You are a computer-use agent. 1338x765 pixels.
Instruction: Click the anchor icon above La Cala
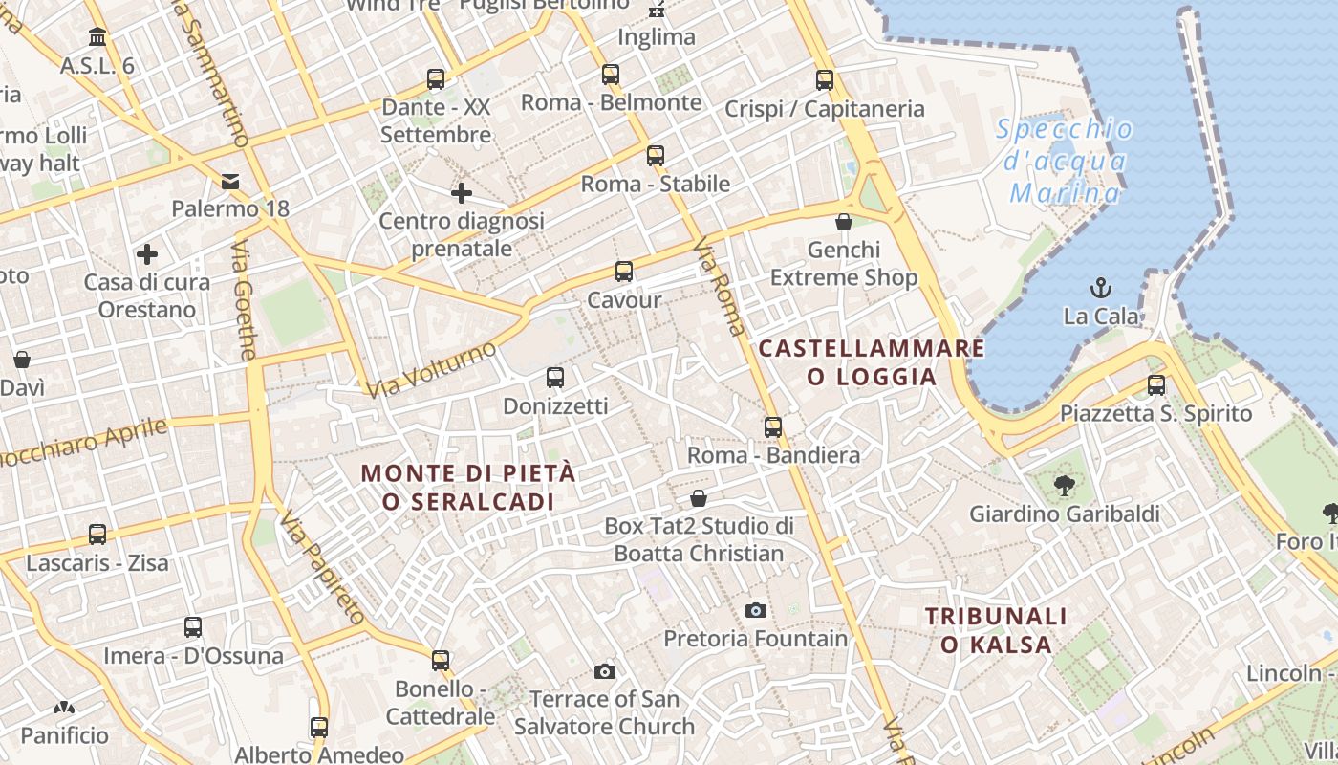pyautogui.click(x=1101, y=287)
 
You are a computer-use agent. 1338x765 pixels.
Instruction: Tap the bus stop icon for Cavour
pyautogui.click(x=624, y=271)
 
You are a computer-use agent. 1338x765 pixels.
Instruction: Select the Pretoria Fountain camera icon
pyautogui.click(x=756, y=610)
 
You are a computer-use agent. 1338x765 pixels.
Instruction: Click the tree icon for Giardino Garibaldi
pyautogui.click(x=1064, y=486)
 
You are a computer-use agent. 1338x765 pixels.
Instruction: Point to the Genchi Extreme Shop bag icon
pyautogui.click(x=844, y=222)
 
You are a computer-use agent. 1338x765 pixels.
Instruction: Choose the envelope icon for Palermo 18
pyautogui.click(x=230, y=181)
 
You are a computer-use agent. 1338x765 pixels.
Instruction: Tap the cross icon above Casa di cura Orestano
pyautogui.click(x=147, y=254)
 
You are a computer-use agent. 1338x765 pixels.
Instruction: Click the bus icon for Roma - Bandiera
pyautogui.click(x=773, y=426)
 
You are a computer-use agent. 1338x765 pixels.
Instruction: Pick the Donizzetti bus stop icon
pyautogui.click(x=555, y=378)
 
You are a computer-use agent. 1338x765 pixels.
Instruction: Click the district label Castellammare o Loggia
pyautogui.click(x=872, y=361)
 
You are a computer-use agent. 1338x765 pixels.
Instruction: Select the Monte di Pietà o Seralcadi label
pyautogui.click(x=468, y=487)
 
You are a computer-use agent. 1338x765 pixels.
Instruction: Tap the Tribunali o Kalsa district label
pyautogui.click(x=996, y=630)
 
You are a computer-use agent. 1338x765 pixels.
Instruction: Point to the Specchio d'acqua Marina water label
pyautogui.click(x=1065, y=161)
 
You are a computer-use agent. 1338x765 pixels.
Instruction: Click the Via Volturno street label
pyautogui.click(x=432, y=369)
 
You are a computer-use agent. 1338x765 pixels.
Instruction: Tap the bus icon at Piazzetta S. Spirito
pyautogui.click(x=1156, y=385)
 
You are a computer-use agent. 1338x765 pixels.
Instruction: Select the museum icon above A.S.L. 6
pyautogui.click(x=97, y=37)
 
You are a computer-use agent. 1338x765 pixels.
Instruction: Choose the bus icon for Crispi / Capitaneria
pyautogui.click(x=825, y=80)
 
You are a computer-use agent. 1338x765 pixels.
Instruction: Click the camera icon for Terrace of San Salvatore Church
pyautogui.click(x=605, y=671)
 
